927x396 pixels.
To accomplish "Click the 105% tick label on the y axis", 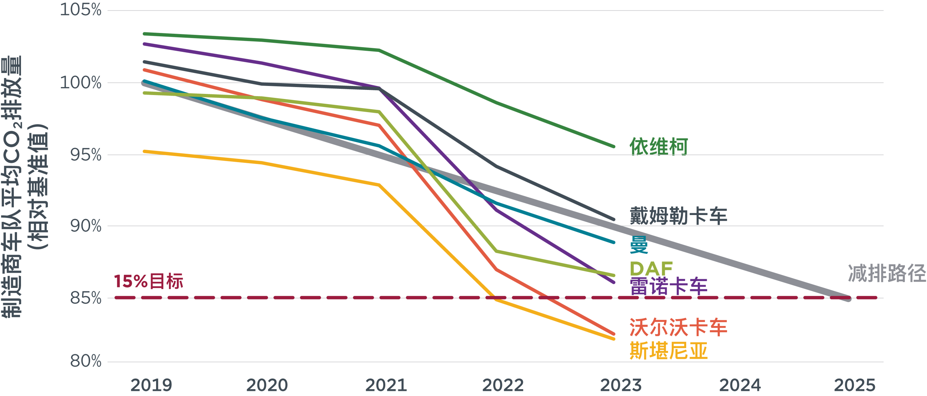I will pos(80,10).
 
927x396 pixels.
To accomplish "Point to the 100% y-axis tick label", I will pos(80,83).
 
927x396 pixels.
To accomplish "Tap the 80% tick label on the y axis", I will pos(85,361).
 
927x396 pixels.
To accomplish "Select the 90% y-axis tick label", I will pos(85,226).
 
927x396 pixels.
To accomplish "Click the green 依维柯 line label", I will pos(658,147).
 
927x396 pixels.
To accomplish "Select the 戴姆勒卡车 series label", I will pos(678,216).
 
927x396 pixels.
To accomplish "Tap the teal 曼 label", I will pos(639,245).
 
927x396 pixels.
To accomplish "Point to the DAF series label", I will pos(651,269).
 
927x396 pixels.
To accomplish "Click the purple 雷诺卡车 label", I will pos(668,286).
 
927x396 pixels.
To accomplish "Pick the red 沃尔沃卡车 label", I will pos(678,327).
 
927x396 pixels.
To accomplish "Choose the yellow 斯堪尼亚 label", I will pos(668,351).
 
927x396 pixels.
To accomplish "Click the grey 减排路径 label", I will pos(887,273).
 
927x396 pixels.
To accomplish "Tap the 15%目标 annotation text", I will pos(148,281).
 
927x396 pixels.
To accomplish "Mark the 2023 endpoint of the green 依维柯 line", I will pos(614,147).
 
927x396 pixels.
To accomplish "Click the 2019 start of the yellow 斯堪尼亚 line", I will pos(144,151).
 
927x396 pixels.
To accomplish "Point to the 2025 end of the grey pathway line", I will pos(848,299).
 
